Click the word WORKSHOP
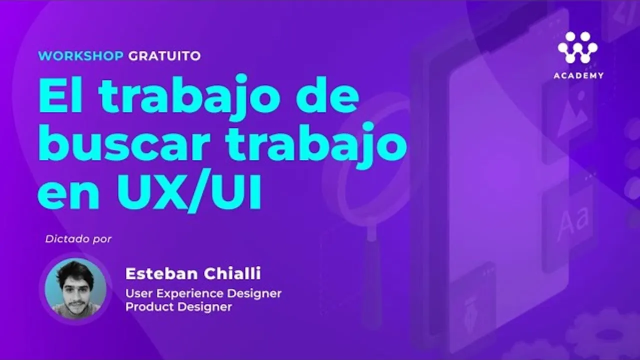pos(80,55)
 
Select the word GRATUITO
pos(164,55)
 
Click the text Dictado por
pos(78,239)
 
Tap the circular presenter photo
pos(75,289)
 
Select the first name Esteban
pos(161,273)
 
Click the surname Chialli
pos(232,273)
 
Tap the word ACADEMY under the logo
pos(578,75)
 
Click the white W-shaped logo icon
pos(577,47)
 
